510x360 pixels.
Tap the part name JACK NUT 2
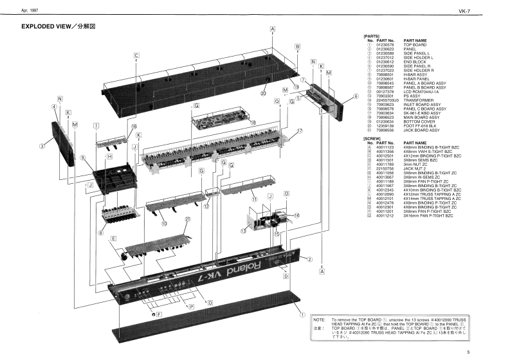(417, 169)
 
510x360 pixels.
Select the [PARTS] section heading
(372, 36)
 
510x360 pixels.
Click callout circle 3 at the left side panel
(42, 146)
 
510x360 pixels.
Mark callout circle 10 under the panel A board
(165, 224)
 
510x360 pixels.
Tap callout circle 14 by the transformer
(296, 215)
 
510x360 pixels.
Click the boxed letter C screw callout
(137, 55)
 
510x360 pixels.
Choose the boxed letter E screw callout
(113, 239)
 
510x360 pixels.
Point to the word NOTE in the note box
(318, 319)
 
